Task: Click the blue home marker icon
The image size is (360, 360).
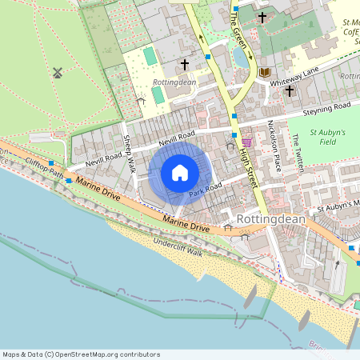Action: pyautogui.click(x=180, y=173)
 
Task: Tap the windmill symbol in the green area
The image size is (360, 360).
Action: pyautogui.click(x=58, y=73)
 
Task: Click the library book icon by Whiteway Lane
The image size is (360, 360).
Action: pyautogui.click(x=263, y=73)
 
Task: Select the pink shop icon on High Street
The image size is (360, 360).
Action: pyautogui.click(x=246, y=142)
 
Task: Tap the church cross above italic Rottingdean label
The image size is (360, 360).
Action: pyautogui.click(x=184, y=63)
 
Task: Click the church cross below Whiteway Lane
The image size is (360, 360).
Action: pyautogui.click(x=289, y=91)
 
